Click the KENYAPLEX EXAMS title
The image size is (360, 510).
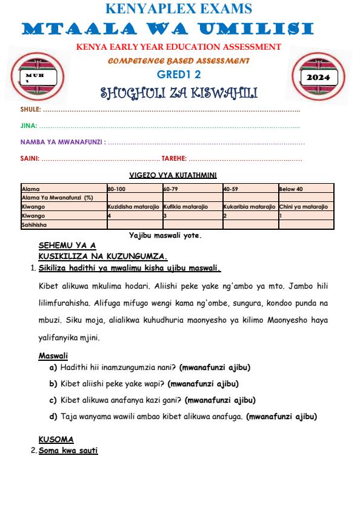coord(179,8)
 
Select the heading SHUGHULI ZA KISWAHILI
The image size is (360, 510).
coord(179,93)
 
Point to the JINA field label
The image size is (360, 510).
coord(28,126)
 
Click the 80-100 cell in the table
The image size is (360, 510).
coord(116,189)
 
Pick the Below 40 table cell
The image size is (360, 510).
coord(291,189)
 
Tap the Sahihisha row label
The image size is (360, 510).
coord(35,224)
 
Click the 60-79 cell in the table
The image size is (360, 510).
coord(172,189)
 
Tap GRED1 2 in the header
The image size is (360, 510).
coord(179,74)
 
